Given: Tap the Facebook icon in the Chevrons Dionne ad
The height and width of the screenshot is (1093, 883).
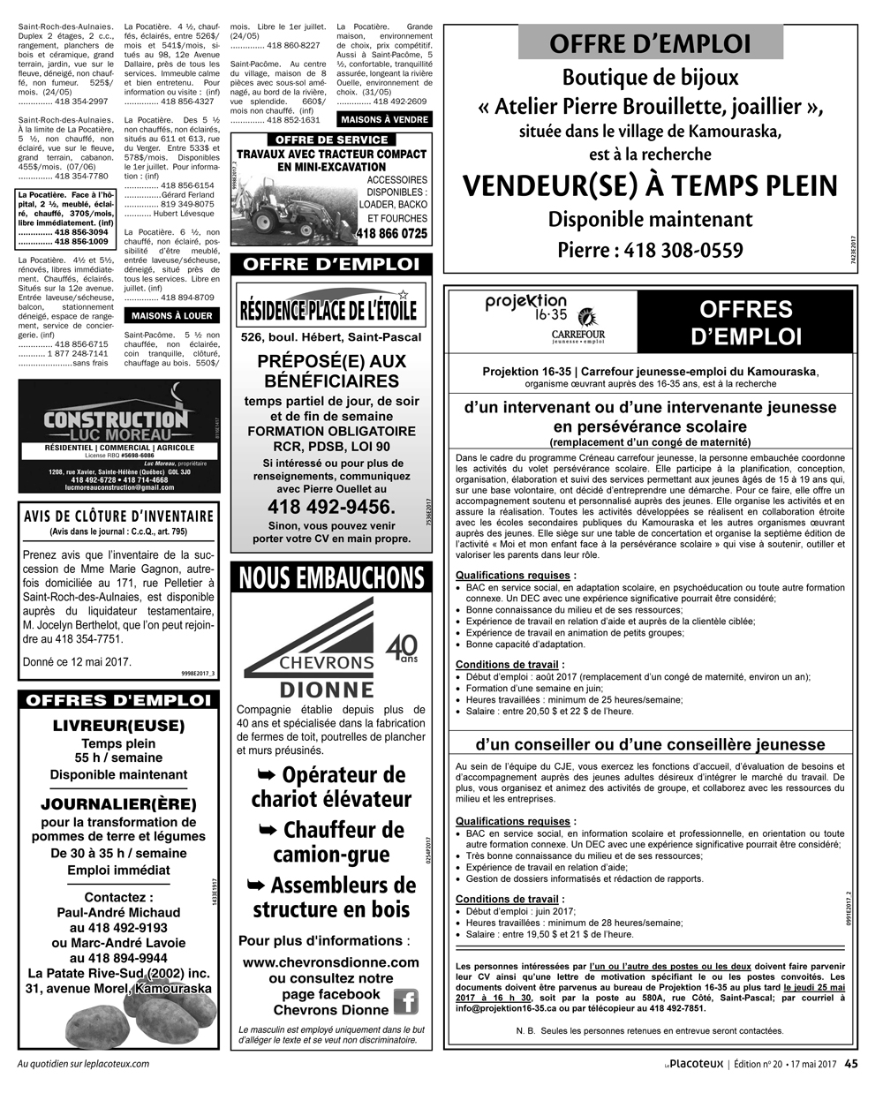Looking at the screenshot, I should (x=405, y=1001).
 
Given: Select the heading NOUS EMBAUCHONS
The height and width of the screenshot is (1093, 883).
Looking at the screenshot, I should (x=331, y=578).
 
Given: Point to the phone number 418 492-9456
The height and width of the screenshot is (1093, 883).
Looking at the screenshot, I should (x=331, y=507).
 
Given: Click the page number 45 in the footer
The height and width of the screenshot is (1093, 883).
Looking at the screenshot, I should (x=851, y=1064).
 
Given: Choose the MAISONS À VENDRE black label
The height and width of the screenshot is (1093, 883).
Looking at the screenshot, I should (x=384, y=119).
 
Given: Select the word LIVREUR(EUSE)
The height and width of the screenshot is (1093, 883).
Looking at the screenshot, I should (x=119, y=726).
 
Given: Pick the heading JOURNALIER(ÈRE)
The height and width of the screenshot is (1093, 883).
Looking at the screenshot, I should (x=119, y=804).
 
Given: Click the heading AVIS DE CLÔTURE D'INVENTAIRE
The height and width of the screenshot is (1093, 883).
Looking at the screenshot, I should (x=119, y=516).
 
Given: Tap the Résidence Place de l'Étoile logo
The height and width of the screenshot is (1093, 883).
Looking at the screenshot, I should (x=331, y=307).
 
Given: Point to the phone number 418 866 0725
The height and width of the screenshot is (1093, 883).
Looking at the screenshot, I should (x=392, y=234).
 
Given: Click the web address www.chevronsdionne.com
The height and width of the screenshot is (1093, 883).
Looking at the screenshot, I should (x=331, y=961).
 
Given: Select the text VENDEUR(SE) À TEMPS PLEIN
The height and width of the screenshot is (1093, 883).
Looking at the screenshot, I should (x=650, y=186).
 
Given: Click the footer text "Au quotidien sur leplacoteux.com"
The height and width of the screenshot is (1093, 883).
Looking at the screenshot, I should (x=84, y=1064).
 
